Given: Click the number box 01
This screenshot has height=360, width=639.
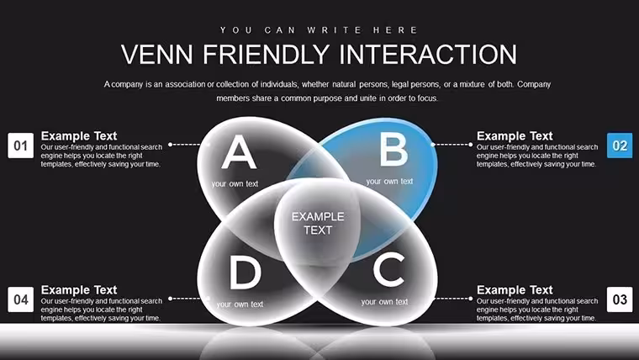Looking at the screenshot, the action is (x=20, y=146).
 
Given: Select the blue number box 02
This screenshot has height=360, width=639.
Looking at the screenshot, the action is (x=620, y=146).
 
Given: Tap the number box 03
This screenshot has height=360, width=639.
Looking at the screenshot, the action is (x=620, y=299).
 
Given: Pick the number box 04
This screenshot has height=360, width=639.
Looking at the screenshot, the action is (x=20, y=299).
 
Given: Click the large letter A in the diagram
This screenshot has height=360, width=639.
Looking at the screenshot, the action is (x=239, y=151).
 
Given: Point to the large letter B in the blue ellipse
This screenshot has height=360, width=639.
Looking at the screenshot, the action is (x=393, y=150).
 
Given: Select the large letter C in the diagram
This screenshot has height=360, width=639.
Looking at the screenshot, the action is (x=389, y=268).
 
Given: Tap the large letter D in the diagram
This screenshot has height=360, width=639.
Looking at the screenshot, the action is (x=245, y=272).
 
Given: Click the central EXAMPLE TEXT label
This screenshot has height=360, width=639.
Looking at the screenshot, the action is (x=318, y=224).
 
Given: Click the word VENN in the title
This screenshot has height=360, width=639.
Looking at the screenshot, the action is (x=157, y=55).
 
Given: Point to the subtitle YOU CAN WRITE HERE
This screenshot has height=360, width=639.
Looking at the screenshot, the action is (x=319, y=30).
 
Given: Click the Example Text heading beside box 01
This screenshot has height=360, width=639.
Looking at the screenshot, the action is (x=79, y=135).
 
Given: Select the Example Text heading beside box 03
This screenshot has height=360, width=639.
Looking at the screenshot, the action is (x=515, y=290).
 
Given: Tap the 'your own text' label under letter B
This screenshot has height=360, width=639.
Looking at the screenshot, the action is (x=389, y=182).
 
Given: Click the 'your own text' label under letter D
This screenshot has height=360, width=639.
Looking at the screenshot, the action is (x=240, y=304).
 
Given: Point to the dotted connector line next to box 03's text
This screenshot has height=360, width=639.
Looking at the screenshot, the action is (x=452, y=299).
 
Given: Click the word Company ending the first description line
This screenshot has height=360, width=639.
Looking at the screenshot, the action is (x=534, y=84).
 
